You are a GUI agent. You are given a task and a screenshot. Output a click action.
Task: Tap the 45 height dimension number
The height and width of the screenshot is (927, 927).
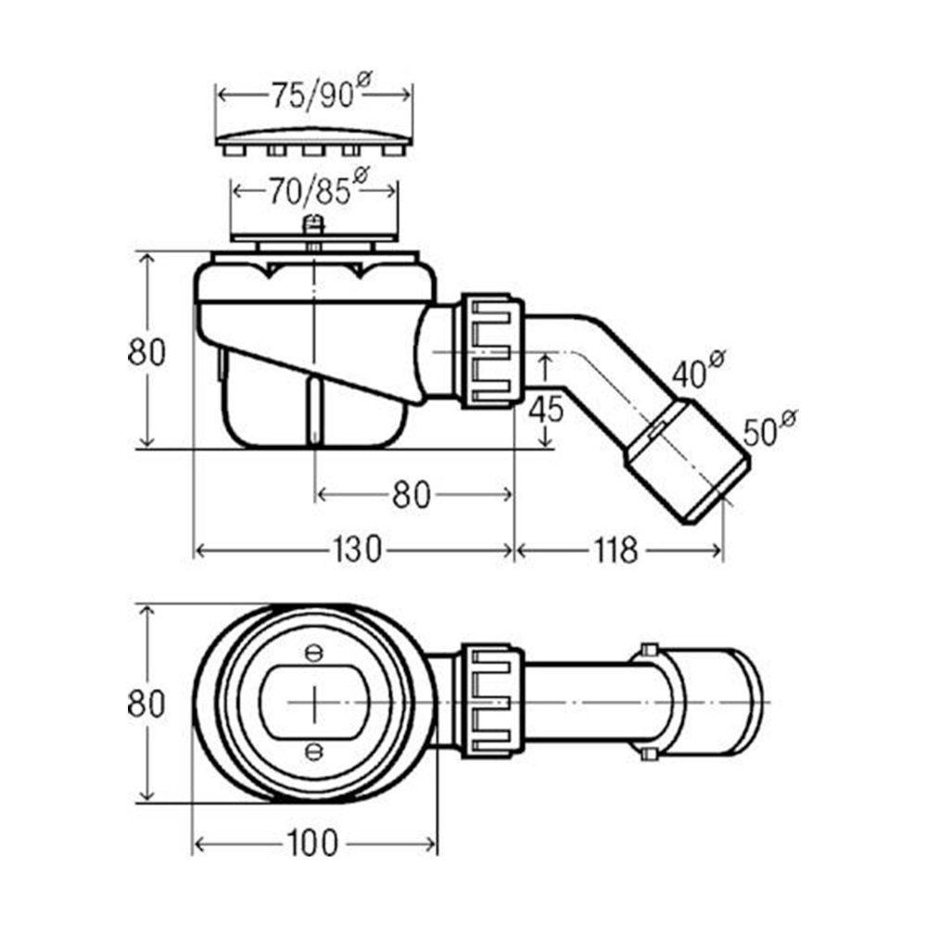coord(548,408)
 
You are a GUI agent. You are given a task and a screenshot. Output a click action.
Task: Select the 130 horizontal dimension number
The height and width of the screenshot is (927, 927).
coord(356,551)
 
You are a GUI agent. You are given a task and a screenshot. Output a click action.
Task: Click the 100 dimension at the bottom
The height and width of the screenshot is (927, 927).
coord(311,843)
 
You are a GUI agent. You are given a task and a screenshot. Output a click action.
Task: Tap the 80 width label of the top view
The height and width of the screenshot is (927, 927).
coord(146,704)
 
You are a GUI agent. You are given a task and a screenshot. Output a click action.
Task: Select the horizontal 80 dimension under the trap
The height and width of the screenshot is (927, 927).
coord(411,495)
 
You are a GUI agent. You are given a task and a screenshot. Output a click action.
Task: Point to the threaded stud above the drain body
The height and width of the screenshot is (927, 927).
coord(315,228)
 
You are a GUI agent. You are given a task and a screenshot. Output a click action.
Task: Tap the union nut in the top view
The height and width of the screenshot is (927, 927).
coord(491,703)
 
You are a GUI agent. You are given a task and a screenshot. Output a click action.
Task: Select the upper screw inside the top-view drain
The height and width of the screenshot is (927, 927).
coord(313,654)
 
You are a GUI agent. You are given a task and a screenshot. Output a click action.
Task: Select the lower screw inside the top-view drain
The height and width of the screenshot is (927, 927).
coord(313,749)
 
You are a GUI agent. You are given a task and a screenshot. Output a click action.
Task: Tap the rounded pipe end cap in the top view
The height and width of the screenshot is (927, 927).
coord(732,702)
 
